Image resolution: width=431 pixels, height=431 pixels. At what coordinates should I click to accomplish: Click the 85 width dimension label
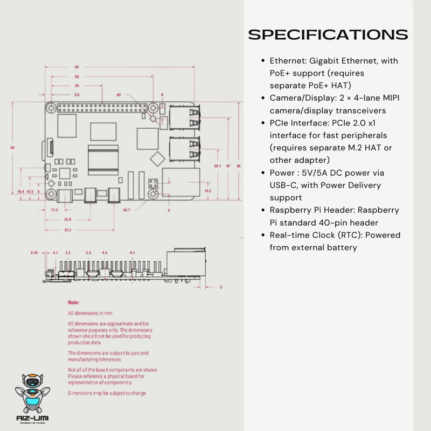point(77,67)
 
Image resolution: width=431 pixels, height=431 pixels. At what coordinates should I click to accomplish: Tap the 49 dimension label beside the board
point(12,147)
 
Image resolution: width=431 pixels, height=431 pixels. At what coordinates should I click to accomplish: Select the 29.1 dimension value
point(217,165)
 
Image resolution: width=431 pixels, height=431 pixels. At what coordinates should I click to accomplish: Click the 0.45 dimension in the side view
point(34,252)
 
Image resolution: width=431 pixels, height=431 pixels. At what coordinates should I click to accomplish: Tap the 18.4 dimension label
point(20,191)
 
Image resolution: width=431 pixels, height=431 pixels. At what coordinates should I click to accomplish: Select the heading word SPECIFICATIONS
point(328,34)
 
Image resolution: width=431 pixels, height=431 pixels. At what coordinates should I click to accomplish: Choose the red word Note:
point(73,303)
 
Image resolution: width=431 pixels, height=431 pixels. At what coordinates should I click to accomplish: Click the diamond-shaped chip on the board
point(157,158)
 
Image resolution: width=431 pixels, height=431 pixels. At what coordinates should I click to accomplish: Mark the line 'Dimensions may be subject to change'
point(107,393)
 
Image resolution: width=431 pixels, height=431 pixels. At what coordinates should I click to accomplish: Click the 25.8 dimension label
point(68,220)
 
